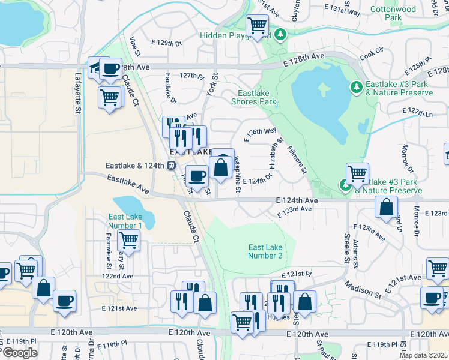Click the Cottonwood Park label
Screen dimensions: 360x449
click(393, 14)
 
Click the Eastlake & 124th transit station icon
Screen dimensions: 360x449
click(171, 165)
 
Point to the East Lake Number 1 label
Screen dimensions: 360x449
click(125, 221)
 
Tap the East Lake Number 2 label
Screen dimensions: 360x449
click(265, 251)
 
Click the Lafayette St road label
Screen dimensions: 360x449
click(77, 92)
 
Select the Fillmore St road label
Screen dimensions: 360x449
click(297, 160)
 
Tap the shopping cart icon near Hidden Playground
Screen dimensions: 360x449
click(257, 26)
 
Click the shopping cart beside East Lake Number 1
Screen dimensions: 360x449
click(128, 240)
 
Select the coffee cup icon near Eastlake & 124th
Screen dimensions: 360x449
click(197, 176)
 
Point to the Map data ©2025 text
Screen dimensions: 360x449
click(423, 355)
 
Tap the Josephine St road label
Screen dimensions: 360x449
click(238, 178)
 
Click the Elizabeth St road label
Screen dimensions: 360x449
click(276, 154)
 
